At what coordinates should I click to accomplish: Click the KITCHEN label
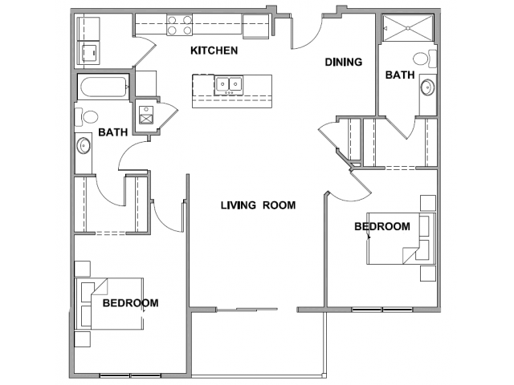point(214,51)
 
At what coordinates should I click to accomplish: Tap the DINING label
point(344,62)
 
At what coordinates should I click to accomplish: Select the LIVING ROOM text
point(258,205)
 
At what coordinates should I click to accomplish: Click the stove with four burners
point(179,25)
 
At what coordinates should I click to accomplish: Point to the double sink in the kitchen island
point(229,85)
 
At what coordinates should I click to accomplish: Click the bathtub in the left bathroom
point(103,87)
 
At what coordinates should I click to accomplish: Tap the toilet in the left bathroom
point(87,117)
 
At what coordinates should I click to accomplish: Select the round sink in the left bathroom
point(84,145)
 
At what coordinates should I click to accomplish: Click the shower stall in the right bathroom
point(408,28)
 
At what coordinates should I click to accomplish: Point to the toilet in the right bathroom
point(425,59)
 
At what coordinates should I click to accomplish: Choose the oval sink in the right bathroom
point(428,87)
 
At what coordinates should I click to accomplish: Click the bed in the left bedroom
point(109,303)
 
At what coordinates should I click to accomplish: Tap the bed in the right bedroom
point(402,238)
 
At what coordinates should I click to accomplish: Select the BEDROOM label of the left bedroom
point(130,303)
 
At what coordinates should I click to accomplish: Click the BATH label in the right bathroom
point(400,75)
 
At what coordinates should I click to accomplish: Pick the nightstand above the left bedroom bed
point(82,269)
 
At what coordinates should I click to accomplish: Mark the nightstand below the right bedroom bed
point(428,274)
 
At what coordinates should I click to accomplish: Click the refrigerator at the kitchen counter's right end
point(256,26)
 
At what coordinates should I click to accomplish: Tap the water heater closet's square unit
point(146,115)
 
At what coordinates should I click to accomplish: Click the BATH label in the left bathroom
point(112,132)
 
